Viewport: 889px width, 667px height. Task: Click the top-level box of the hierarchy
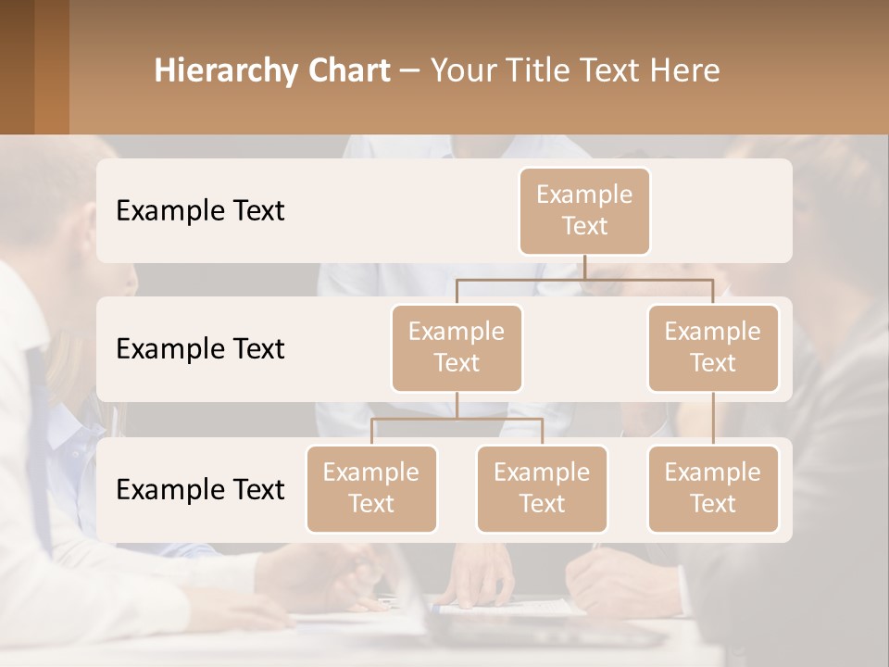[x=584, y=210]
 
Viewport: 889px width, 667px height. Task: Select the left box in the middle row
[x=457, y=347]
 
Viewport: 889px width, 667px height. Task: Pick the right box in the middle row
[x=713, y=347]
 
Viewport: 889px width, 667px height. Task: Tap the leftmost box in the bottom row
[x=371, y=488]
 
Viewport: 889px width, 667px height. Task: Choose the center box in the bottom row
[x=542, y=488]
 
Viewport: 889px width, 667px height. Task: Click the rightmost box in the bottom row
[x=713, y=488]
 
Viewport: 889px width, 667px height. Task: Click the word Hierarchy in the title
[x=226, y=71]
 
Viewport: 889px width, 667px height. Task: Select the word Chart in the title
[x=349, y=71]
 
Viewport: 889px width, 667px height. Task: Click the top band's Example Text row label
[x=200, y=211]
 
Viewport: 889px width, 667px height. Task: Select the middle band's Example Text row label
[x=200, y=349]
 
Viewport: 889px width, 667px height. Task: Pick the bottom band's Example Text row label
[x=200, y=490]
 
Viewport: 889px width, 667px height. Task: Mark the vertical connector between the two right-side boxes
[x=713, y=419]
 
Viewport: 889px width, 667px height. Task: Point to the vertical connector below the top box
[x=584, y=267]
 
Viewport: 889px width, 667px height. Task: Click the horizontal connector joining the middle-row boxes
[x=584, y=278]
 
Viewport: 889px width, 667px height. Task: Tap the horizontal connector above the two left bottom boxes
[x=457, y=419]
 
